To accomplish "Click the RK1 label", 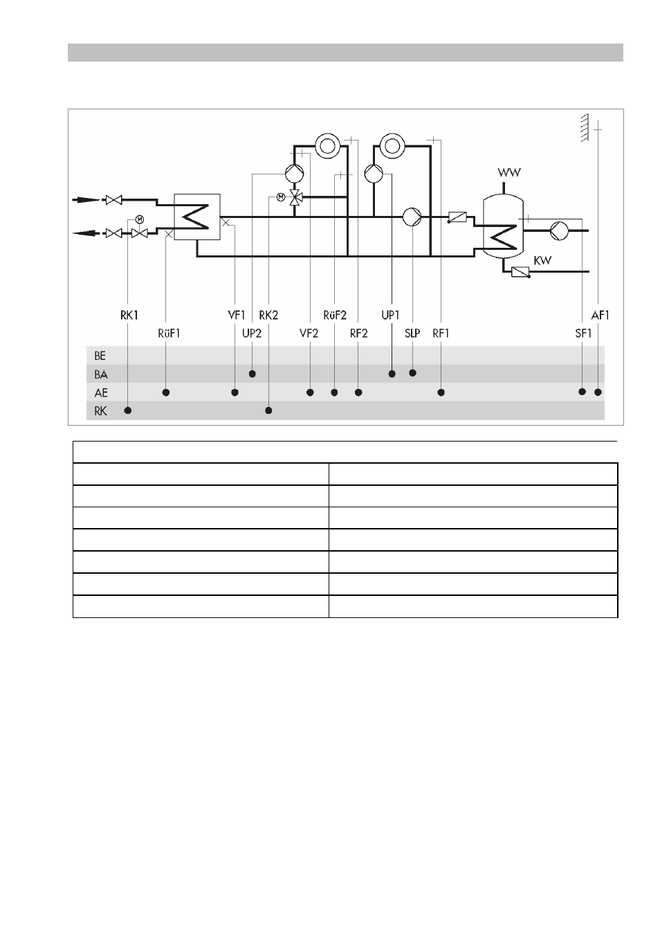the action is point(129,315).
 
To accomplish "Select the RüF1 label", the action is point(169,334).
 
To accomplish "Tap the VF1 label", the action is point(237,315).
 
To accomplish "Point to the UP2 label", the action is point(252,334).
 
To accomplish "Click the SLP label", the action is point(412,334).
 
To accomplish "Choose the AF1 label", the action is point(601,315).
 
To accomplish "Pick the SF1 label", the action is point(583,334).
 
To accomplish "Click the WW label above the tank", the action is point(509,172).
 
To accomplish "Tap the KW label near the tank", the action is point(542,260).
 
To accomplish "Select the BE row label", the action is point(100,356).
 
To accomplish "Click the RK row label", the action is point(100,411).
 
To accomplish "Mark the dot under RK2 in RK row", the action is point(268,410).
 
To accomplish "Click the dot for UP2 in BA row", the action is point(252,374).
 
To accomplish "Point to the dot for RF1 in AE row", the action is point(441,392).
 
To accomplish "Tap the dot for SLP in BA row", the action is point(412,373).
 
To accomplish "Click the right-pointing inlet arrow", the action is point(86,200).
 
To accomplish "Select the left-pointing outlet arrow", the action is point(86,233).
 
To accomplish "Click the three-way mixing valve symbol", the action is point(295,197).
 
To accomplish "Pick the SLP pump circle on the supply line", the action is point(412,217).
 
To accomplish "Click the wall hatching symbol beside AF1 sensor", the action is point(585,127).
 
